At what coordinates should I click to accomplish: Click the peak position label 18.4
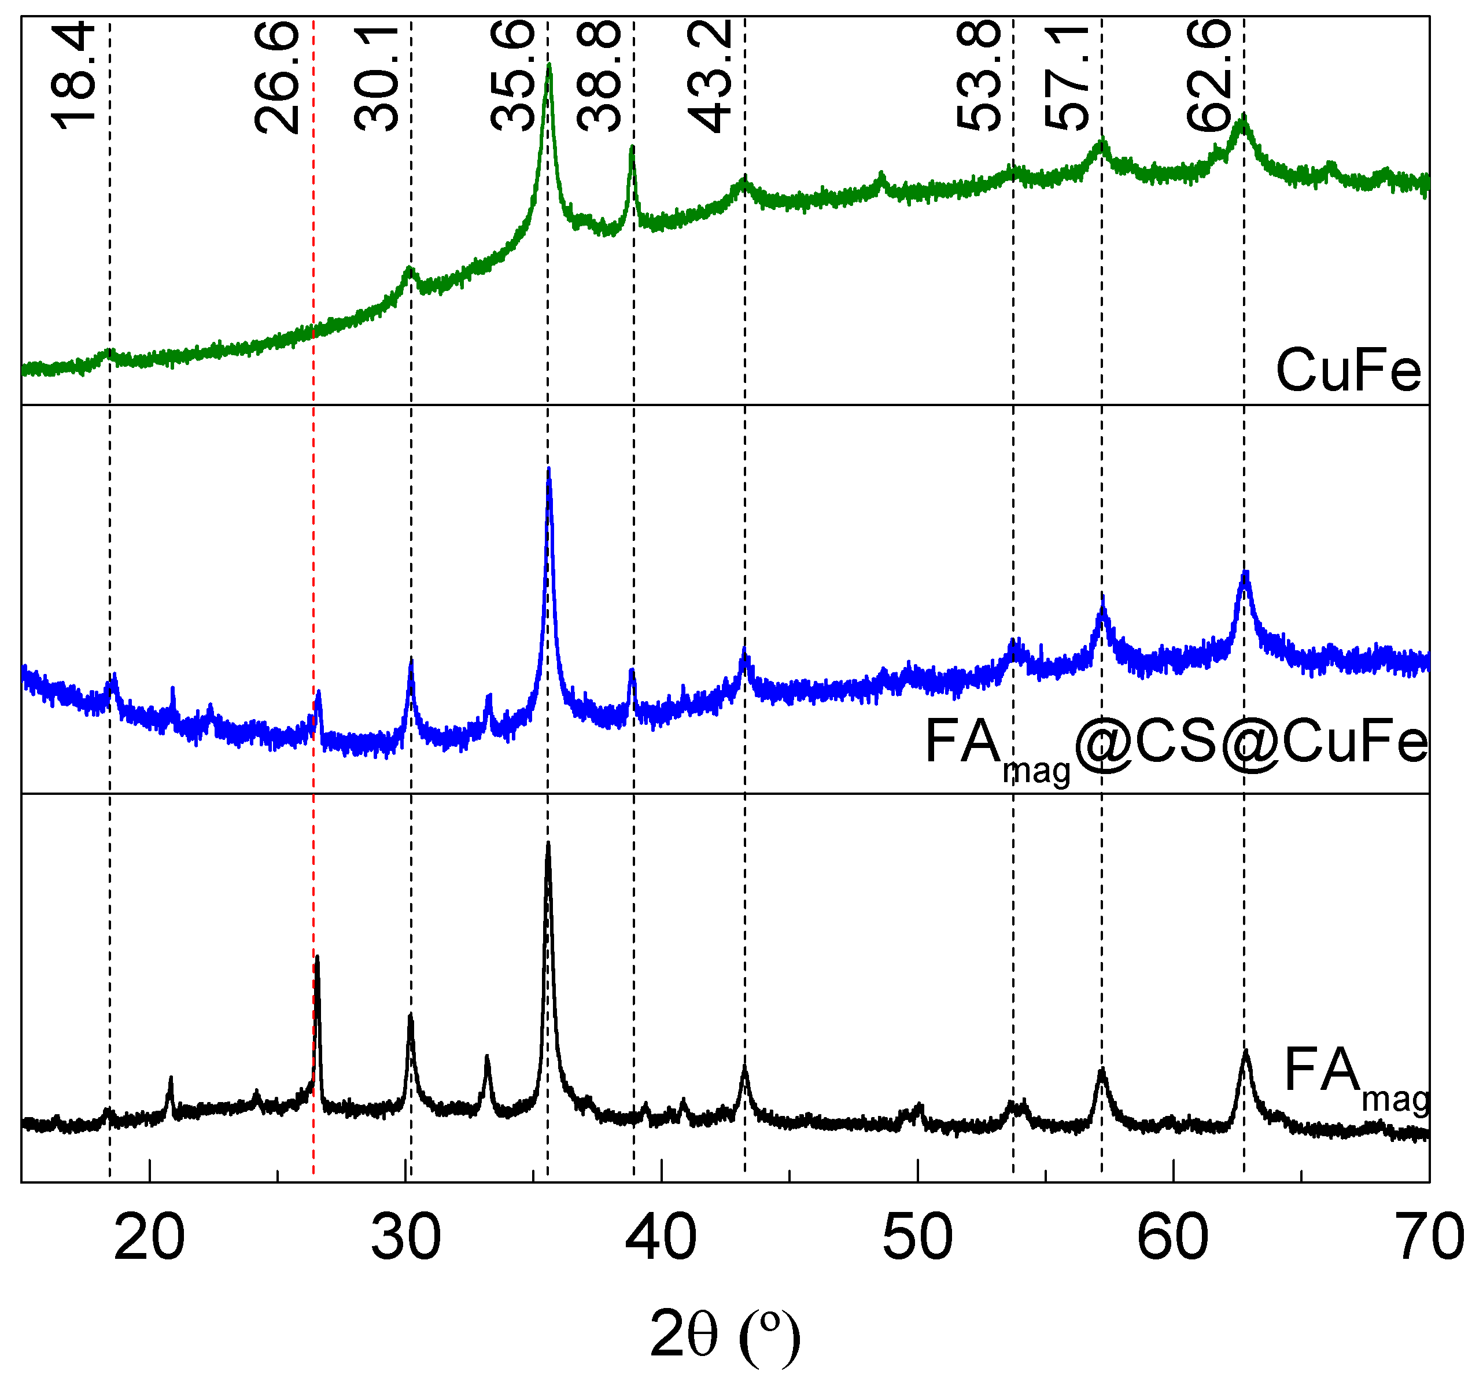point(74,76)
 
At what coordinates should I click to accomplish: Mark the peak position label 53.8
point(977,76)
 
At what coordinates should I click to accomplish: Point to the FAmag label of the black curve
point(1356,1076)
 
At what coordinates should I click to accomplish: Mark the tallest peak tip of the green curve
point(549,65)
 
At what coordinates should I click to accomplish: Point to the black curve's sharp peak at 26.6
point(318,957)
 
